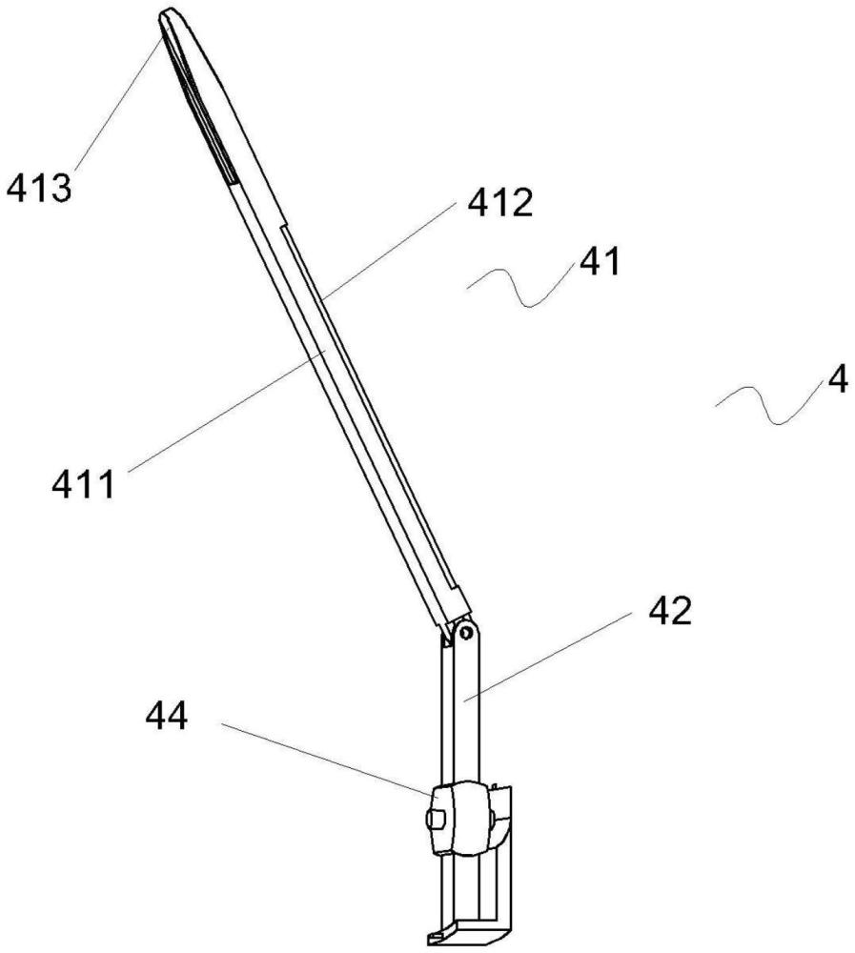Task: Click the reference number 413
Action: pos(39,188)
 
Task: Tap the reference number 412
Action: pos(499,202)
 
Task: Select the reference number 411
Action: pos(83,485)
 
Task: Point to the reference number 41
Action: pos(600,262)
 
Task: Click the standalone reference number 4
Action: pos(838,381)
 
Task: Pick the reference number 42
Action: pos(670,611)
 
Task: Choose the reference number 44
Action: pos(167,717)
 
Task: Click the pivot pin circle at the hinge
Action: pos(466,633)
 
